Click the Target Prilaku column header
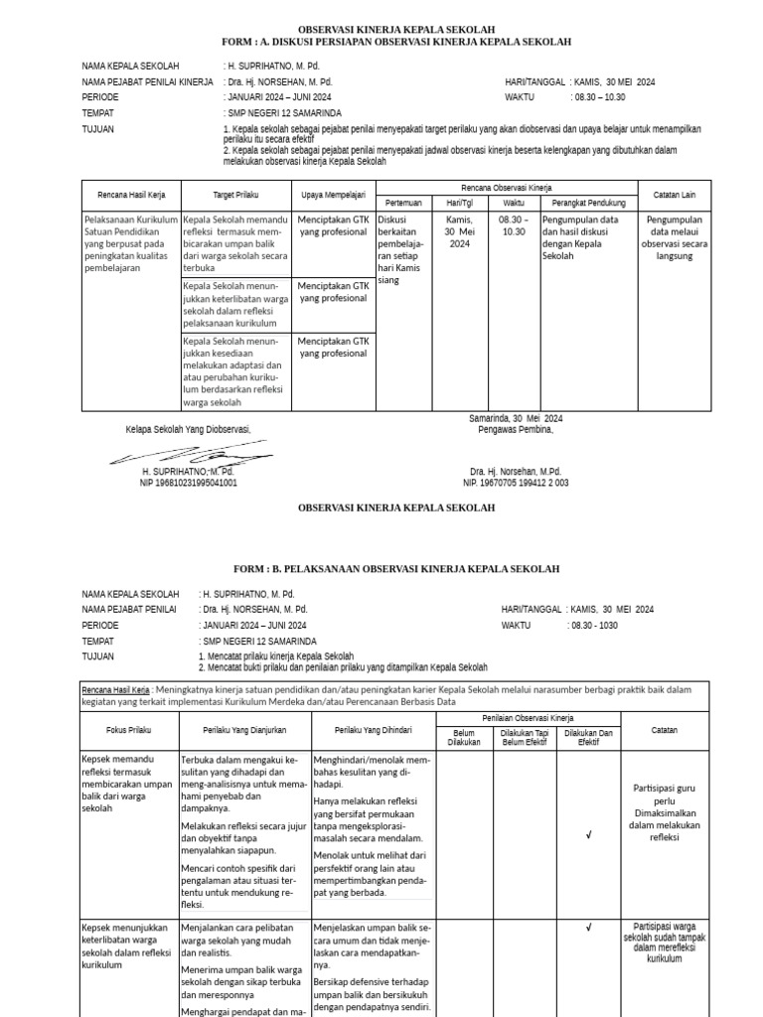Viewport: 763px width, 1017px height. [x=235, y=196]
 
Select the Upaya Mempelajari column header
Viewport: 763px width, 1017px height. [x=333, y=196]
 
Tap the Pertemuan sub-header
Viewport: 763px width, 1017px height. [x=402, y=203]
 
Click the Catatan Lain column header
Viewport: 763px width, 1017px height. [x=673, y=196]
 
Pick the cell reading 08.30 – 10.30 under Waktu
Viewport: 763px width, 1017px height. [x=514, y=225]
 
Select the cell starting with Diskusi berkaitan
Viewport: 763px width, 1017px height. [x=402, y=249]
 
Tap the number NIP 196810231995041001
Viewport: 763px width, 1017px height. [x=188, y=483]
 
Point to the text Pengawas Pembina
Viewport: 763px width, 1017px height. [x=515, y=429]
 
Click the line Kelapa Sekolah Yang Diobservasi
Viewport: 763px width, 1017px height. [x=188, y=429]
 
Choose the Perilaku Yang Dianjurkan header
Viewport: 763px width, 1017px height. [x=244, y=730]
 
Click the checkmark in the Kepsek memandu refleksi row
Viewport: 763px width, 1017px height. [x=588, y=836]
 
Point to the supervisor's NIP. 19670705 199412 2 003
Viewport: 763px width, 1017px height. [x=516, y=483]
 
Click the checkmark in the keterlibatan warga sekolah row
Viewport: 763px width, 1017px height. [x=588, y=928]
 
